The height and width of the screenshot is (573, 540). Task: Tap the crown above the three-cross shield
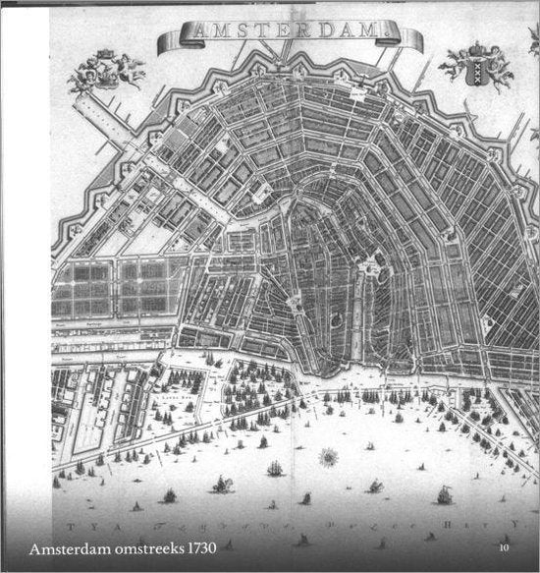coord(478,48)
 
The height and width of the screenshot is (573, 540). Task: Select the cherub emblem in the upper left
coord(106,69)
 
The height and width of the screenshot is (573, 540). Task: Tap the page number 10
coord(505,548)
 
